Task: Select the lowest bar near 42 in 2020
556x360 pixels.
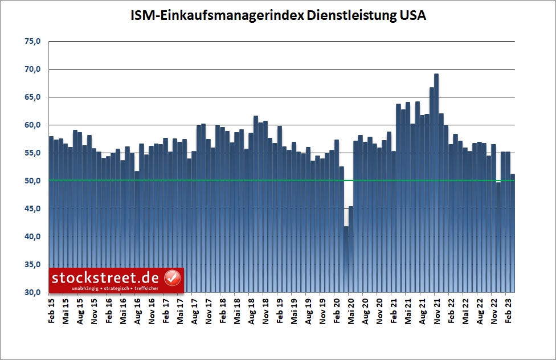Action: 346,256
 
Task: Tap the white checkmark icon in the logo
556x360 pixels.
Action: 172,278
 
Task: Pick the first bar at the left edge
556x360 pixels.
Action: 51,216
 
